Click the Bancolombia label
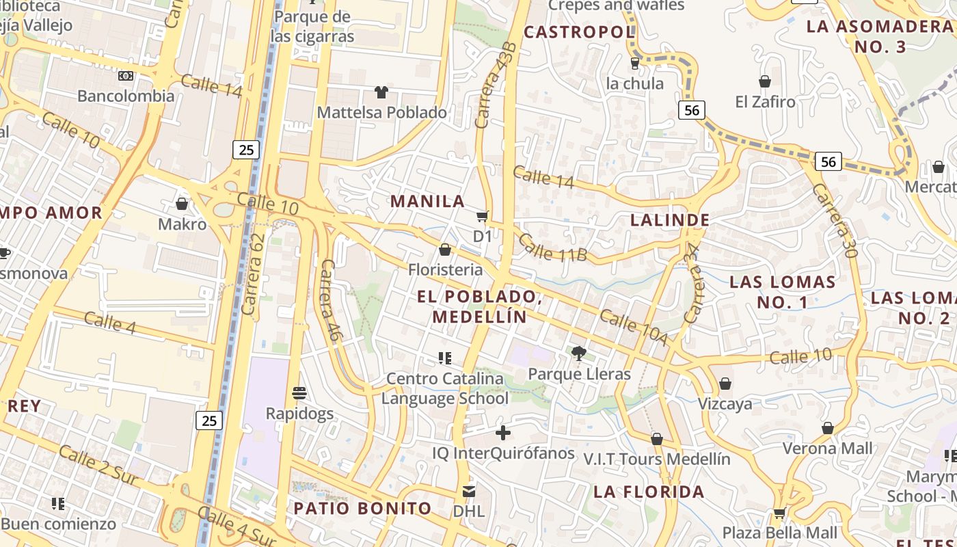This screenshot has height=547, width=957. coord(126,96)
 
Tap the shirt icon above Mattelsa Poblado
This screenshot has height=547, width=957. coord(381,92)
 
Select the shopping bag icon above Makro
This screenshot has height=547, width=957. coord(182,204)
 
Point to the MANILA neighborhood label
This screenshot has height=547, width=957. coord(428,201)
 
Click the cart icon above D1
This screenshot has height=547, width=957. coord(482,217)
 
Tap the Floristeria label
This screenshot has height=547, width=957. coord(445,270)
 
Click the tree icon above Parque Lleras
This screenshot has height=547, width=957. coord(579,353)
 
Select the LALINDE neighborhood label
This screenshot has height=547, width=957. coord(670,220)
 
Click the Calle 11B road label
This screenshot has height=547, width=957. coord(552,248)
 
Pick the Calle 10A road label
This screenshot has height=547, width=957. coord(633,327)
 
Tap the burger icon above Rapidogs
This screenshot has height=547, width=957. coord(299,393)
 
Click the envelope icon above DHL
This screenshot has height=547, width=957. coord(469,492)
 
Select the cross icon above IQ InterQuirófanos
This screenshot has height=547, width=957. coord(503,433)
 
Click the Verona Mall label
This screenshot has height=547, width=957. coord(828,449)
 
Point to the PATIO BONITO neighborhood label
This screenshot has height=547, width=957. coord(362,509)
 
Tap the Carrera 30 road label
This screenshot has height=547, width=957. coord(834,220)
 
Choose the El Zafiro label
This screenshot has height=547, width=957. coord(766,102)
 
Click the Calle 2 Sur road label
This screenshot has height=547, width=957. coord(100,468)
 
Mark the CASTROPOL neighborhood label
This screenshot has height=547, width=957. coord(579,32)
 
